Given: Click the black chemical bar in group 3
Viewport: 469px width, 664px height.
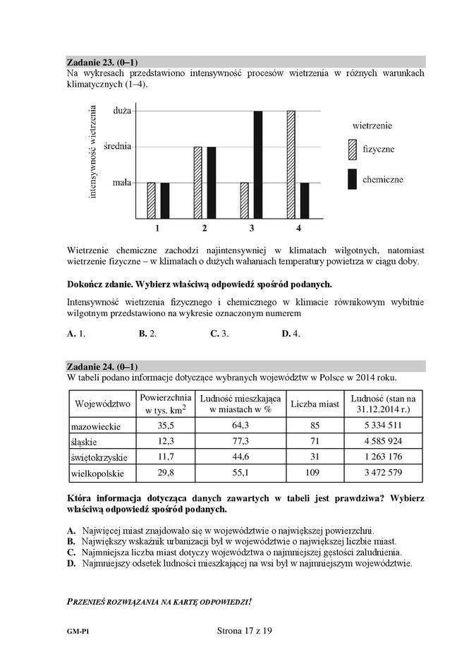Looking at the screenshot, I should point(258,164).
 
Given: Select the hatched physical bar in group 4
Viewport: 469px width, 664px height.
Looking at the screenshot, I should point(291,164).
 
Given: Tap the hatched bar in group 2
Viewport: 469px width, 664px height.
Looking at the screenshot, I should point(198,183).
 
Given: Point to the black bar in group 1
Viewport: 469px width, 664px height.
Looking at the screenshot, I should point(164,200).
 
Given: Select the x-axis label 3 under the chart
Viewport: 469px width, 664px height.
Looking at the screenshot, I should point(252,229).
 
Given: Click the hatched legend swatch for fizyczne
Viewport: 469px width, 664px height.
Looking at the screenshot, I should point(352,150).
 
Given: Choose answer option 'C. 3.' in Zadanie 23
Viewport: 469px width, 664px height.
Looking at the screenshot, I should point(219,334).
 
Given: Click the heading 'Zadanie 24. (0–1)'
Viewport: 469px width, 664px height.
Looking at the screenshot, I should point(103,367).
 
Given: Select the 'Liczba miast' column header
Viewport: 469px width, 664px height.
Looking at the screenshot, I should point(315,404).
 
